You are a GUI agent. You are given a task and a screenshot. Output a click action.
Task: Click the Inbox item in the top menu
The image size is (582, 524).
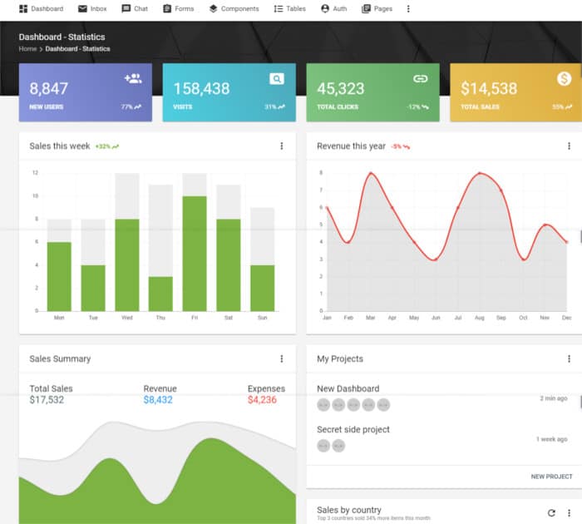tap(92, 9)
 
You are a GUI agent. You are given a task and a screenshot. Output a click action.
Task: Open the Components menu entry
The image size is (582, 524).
tap(234, 9)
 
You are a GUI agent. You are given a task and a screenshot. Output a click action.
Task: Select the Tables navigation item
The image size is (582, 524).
tap(289, 9)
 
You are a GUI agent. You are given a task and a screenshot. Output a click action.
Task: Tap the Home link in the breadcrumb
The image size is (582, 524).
tap(27, 49)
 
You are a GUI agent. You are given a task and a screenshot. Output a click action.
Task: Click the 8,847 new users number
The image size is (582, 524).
tap(49, 89)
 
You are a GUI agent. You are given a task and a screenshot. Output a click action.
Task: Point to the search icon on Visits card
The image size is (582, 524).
tap(276, 79)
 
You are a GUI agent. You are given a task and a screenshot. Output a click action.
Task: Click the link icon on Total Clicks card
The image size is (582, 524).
tap(420, 79)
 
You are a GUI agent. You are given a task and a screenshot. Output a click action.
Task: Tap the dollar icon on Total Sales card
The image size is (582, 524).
tap(564, 79)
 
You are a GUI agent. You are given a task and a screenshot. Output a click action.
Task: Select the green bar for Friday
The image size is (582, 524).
tap(195, 254)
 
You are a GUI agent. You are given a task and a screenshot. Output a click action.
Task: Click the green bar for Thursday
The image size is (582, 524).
tap(160, 294)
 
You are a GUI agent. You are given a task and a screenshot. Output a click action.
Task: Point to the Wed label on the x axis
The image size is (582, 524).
tap(126, 318)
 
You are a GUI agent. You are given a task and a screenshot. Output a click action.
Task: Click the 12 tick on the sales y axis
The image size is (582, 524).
tap(35, 173)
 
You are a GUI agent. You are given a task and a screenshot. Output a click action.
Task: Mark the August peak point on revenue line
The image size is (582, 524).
tap(480, 173)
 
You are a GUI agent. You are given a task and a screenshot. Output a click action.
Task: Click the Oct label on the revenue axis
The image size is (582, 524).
tap(523, 318)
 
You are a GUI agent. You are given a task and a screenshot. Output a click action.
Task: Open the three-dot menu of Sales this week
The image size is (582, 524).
tap(281, 146)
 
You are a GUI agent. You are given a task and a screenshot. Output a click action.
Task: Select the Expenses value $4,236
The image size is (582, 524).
tap(262, 400)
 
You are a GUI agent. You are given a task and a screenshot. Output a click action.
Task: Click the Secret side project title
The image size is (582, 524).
tap(353, 429)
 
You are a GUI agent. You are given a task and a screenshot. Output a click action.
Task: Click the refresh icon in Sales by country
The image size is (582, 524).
tap(551, 513)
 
